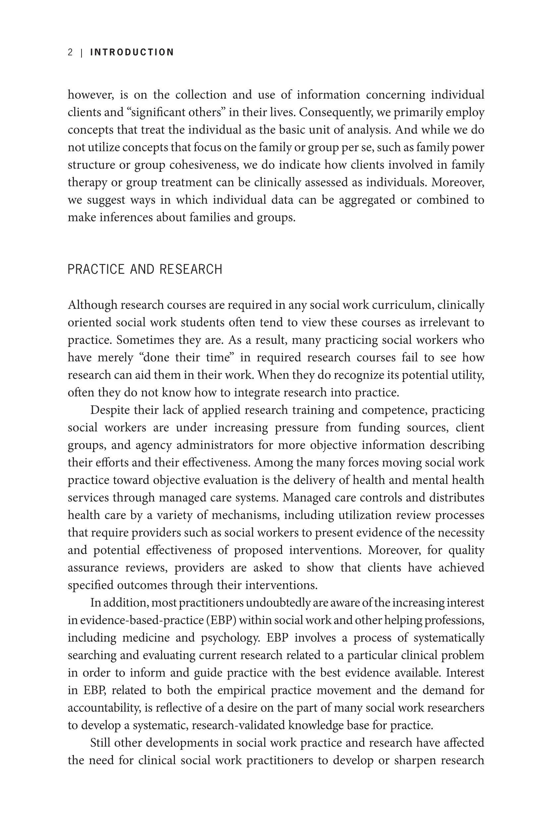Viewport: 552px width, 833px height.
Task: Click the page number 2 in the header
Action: coord(70,52)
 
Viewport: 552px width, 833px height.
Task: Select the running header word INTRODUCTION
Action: coord(132,52)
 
